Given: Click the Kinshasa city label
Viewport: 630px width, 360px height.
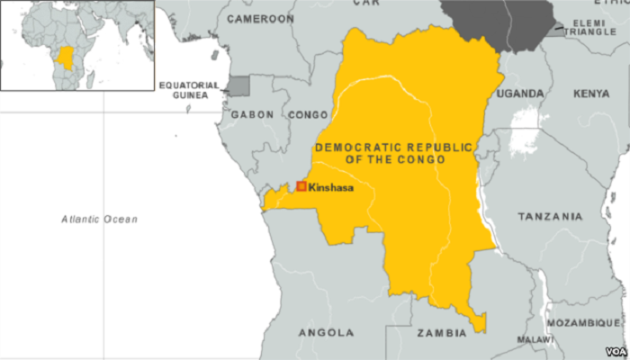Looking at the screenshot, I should click(x=330, y=188).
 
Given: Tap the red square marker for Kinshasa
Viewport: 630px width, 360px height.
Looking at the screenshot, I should click(x=301, y=186).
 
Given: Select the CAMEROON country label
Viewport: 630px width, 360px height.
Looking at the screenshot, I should click(x=260, y=18).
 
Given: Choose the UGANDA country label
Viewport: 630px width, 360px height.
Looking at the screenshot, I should click(x=521, y=94).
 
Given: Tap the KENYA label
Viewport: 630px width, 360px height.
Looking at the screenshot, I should click(x=590, y=94).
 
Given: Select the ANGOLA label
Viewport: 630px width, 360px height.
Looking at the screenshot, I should click(x=326, y=332).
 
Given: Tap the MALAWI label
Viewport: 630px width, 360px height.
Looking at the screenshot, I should click(x=535, y=339).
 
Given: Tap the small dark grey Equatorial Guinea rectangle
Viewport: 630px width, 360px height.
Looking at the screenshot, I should click(x=237, y=85).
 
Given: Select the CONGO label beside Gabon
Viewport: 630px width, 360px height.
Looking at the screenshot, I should click(x=307, y=115).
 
